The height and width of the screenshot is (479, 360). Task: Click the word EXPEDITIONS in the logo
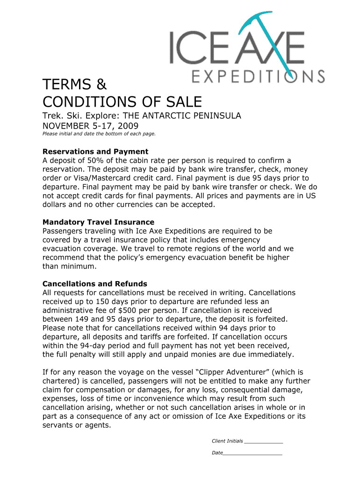259,76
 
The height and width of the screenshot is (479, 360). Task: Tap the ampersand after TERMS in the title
102,85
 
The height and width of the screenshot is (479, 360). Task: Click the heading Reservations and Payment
95,152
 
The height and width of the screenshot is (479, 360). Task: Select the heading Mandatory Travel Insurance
98,222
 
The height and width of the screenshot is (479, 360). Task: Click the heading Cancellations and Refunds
95,284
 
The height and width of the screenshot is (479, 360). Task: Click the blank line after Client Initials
264,441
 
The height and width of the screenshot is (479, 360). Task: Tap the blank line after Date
252,453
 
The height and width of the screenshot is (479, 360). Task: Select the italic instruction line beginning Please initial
99,134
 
